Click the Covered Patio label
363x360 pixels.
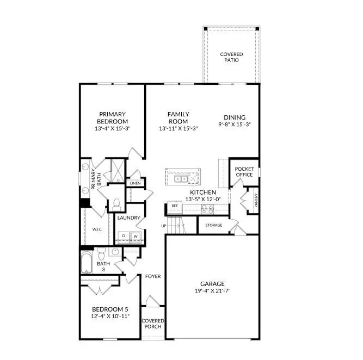point(231,57)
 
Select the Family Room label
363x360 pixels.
point(178,117)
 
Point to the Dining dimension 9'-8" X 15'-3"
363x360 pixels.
point(235,125)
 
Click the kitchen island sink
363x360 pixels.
point(181,178)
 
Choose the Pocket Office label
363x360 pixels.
point(244,172)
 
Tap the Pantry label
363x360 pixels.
point(256,201)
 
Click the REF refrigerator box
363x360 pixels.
point(175,207)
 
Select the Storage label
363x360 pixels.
point(213,225)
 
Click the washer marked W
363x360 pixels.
point(136,236)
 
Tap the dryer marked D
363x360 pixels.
point(124,236)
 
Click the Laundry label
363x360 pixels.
point(128,218)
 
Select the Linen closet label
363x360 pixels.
point(134,183)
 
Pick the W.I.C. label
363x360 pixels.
point(98,229)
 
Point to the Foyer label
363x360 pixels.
point(153,276)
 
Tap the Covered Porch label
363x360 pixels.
point(153,324)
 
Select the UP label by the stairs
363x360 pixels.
point(163,225)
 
